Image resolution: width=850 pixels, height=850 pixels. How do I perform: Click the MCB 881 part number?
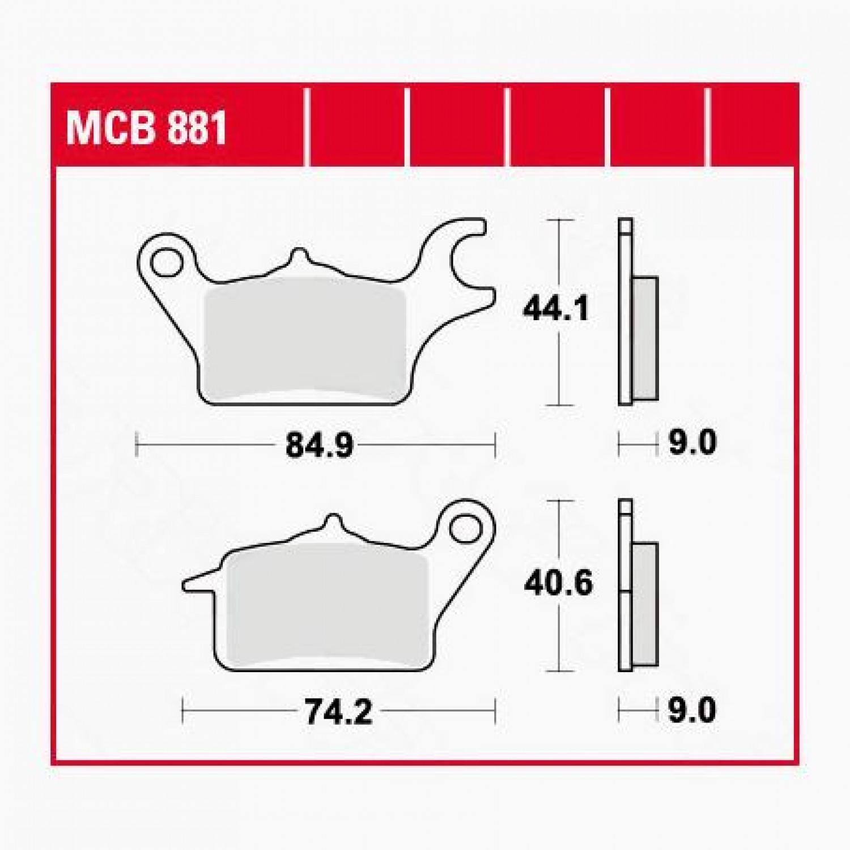[x=146, y=128]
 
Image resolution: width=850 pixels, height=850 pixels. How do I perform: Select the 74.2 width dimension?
[x=338, y=712]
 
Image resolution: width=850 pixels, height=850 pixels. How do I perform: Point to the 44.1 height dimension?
[x=555, y=309]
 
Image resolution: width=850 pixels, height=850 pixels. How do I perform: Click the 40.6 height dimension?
[x=558, y=583]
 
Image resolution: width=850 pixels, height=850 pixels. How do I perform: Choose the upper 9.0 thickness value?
[x=692, y=443]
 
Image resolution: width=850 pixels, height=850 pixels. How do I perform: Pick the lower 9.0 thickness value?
[x=692, y=711]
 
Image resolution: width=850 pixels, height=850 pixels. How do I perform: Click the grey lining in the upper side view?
[x=645, y=338]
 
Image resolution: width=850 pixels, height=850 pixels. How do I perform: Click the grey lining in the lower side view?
[x=645, y=603]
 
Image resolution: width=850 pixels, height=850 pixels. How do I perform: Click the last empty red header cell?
[x=754, y=128]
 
